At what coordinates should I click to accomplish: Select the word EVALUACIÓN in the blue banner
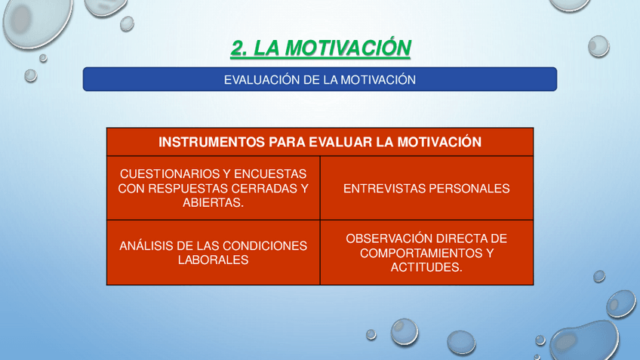coord(262,79)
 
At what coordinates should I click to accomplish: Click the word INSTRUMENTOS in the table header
coord(211,142)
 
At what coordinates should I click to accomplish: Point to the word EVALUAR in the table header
coord(340,142)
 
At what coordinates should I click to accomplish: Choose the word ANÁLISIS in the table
coord(146,246)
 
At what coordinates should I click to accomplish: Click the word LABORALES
coord(213,260)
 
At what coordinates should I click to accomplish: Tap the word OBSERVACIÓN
coord(386,238)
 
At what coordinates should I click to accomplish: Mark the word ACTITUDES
coord(424,267)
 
